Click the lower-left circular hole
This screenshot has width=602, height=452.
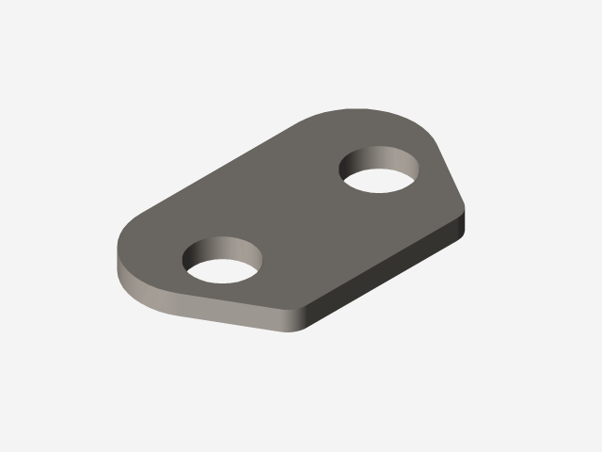223,261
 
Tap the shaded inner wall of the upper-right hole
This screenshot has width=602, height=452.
376,158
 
